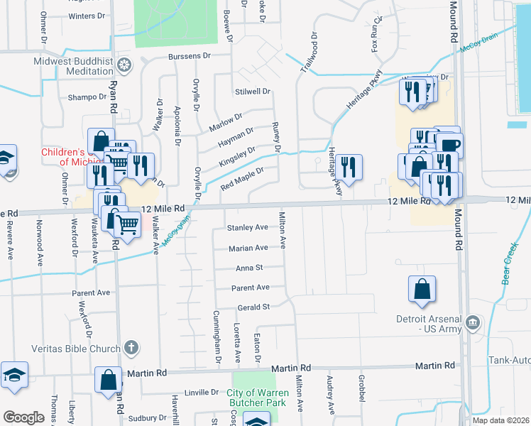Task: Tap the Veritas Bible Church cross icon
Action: (x=130, y=347)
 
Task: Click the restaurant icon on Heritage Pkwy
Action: (x=349, y=168)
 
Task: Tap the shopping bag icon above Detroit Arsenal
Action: (x=422, y=290)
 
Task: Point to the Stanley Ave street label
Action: (x=247, y=228)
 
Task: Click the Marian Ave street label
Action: (x=248, y=248)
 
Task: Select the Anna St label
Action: (x=249, y=268)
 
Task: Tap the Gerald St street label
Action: (x=252, y=307)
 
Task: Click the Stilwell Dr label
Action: (x=253, y=92)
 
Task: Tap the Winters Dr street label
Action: (x=87, y=16)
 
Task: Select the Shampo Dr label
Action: (x=86, y=97)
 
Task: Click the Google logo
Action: (x=23, y=417)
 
